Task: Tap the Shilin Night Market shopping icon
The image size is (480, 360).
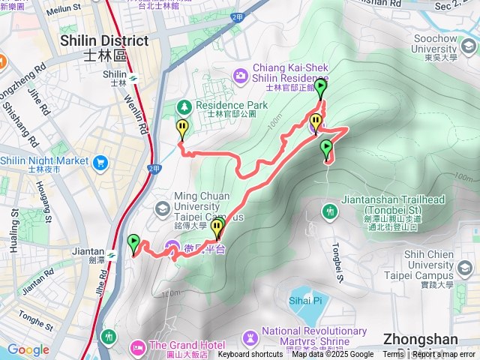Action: pos(100,160)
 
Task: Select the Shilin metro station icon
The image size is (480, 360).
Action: pos(133,76)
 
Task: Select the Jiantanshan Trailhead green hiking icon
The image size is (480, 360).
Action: pos(331,212)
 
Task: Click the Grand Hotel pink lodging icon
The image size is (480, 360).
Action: pos(137,345)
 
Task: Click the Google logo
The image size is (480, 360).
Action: pos(28,349)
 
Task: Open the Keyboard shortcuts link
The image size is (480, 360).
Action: pos(250,355)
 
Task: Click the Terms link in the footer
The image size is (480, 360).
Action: pos(392,355)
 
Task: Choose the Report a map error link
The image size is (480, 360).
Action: pos(443,355)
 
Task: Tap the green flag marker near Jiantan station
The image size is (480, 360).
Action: pos(134,243)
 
